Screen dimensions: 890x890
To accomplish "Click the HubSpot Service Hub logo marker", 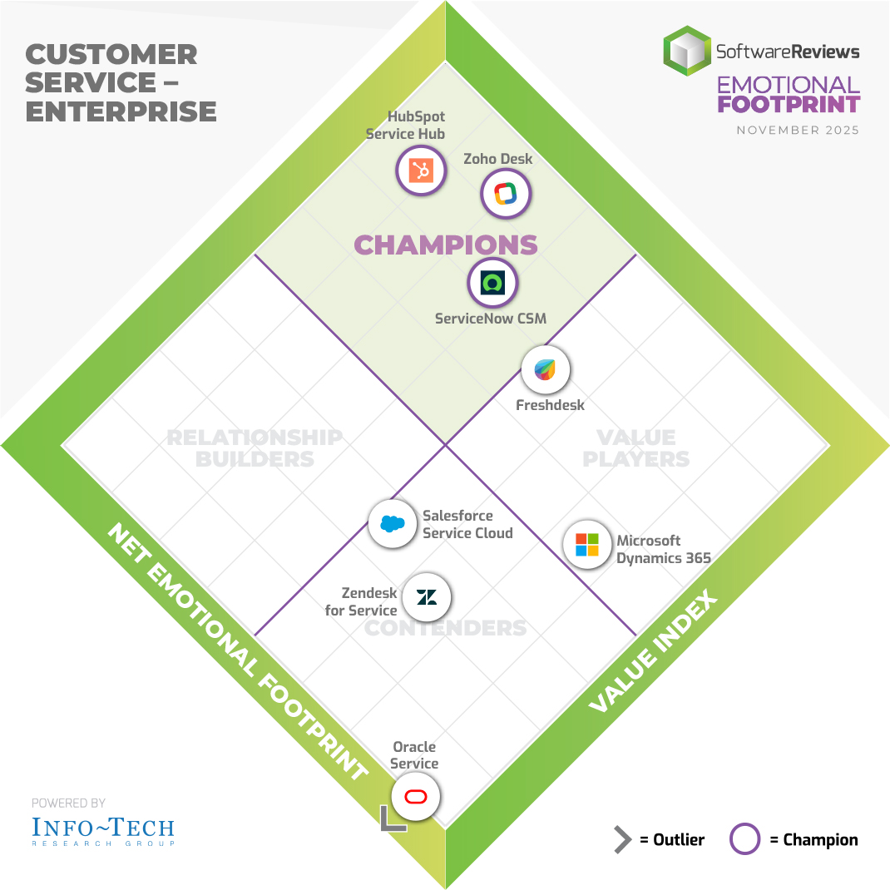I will pos(421,171).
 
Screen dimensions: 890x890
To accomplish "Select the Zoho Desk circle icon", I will pos(506,194).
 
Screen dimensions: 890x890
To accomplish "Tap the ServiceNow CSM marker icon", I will pos(492,283).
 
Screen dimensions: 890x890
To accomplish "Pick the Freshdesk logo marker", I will pos(545,369).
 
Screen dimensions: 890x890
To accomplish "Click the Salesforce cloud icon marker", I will pos(392,523).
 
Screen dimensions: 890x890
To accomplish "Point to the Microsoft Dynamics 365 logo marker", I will pos(587,545).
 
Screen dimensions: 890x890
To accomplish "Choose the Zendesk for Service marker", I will pos(427,596).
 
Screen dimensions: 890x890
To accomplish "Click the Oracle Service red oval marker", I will pos(415,797).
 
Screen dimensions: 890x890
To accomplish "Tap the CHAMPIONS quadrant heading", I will pos(446,245).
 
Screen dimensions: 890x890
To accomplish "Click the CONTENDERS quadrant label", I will pos(446,627).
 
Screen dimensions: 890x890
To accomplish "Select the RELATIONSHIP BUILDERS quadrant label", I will pos(254,447).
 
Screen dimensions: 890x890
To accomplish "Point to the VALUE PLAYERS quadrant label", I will pos(636,447).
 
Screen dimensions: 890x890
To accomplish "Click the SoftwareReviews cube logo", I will pos(687,52).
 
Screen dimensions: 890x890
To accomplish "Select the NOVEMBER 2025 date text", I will pos(798,131).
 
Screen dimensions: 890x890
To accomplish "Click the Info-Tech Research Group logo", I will pos(103,829).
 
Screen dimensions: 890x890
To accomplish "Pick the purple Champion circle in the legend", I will pos(744,839).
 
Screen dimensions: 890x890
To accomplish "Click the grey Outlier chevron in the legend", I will pos(622,840).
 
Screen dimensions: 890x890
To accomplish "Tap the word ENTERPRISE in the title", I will pos(121,111).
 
